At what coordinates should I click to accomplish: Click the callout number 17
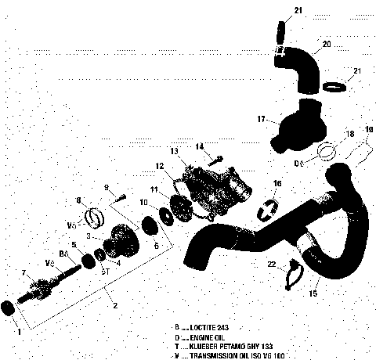pos(262,120)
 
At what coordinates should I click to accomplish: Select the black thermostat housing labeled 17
pos(290,130)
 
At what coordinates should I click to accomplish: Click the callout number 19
pos(369,129)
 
